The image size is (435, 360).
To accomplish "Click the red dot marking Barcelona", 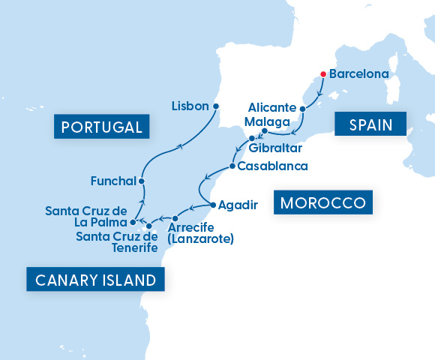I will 322,74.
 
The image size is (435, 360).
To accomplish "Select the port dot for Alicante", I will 303,109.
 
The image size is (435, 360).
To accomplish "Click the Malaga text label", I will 266,121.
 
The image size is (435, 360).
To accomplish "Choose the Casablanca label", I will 271,166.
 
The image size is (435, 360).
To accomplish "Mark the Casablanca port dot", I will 232,166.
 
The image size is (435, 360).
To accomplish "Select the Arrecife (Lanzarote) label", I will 201,233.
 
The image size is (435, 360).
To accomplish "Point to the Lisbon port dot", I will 216,106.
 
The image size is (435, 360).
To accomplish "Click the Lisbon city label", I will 189,106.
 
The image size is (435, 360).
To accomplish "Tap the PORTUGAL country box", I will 101,127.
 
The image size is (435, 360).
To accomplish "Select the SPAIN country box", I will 370,124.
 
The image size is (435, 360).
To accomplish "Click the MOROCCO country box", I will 324,203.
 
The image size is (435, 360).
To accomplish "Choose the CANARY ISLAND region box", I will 96,280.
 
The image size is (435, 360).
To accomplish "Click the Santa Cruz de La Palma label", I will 85,216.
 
